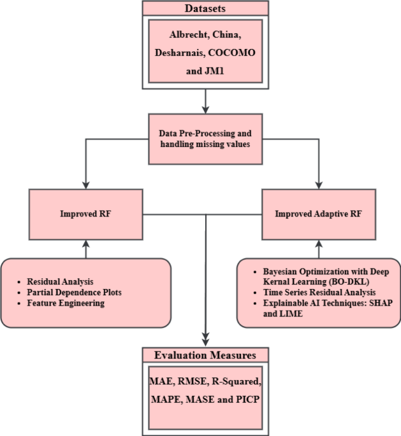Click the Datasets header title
click(x=205, y=8)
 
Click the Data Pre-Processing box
click(x=205, y=139)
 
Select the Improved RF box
click(x=85, y=214)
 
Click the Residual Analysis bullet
click(x=61, y=281)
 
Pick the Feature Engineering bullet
click(x=65, y=304)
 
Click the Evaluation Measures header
click(x=204, y=355)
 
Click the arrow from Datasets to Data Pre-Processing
click(x=205, y=101)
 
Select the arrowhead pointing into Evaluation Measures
click(x=205, y=341)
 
